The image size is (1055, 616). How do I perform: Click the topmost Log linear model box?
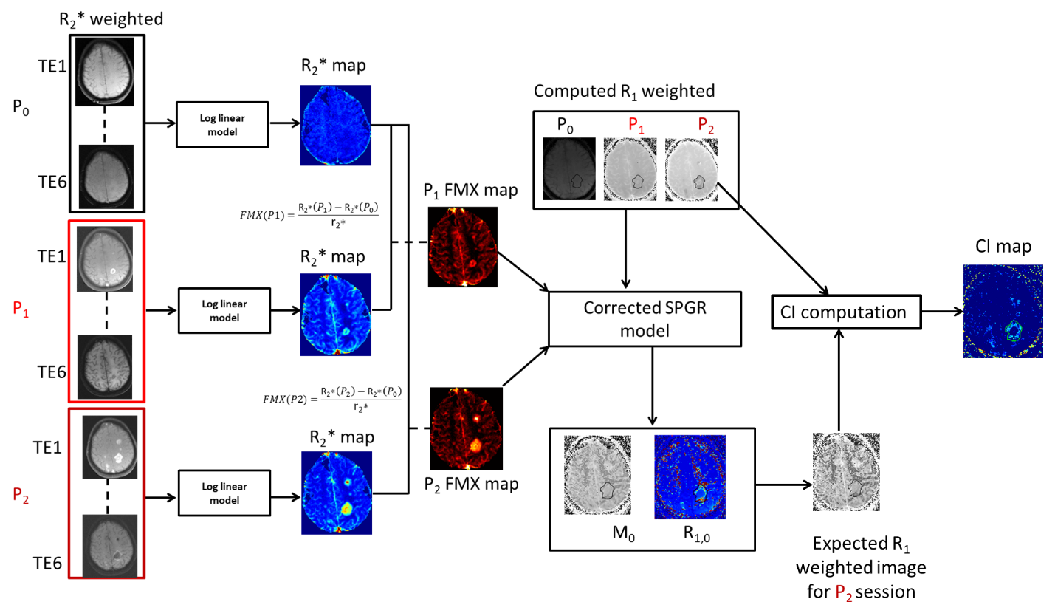(x=222, y=124)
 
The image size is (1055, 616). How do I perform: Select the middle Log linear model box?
(x=224, y=310)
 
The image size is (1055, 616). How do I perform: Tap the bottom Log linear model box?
(x=224, y=493)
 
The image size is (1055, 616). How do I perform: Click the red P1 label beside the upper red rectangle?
(x=21, y=309)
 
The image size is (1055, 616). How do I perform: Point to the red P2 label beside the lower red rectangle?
(x=21, y=496)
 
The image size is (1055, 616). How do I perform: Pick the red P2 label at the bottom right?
(x=844, y=592)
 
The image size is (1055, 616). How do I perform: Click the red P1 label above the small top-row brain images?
(x=636, y=125)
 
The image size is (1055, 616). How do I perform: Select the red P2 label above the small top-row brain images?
(x=706, y=125)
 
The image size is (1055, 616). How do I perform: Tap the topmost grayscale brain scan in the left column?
(x=106, y=71)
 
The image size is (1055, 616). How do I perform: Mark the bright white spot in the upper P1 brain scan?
(x=112, y=272)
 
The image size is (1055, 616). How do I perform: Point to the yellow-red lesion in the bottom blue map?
(x=346, y=507)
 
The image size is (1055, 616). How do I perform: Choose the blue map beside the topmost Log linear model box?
(x=335, y=126)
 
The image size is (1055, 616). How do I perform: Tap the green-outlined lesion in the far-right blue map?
(x=1014, y=329)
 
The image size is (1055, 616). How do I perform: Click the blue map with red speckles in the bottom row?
(x=690, y=476)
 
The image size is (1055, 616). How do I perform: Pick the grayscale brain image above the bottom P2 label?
(x=846, y=472)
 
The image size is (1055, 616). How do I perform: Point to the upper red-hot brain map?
(x=464, y=247)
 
